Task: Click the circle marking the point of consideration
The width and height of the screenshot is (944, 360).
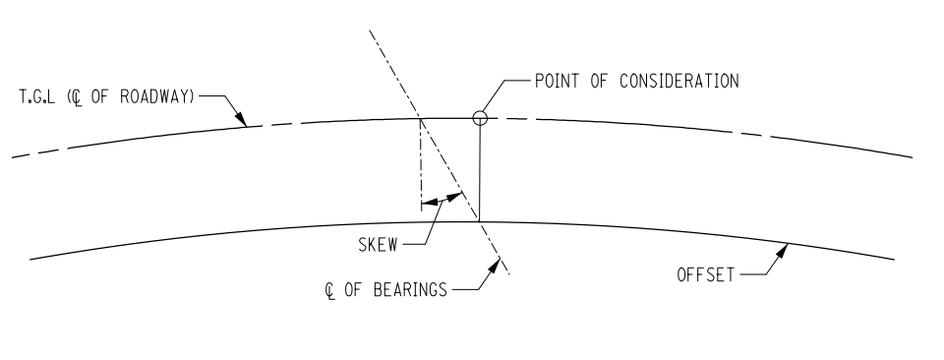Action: [479, 118]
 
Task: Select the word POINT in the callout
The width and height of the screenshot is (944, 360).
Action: [558, 81]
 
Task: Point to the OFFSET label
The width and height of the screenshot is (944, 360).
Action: [704, 275]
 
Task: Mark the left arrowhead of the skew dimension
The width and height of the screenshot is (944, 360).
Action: [426, 205]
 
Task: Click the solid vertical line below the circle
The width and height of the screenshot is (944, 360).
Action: [479, 172]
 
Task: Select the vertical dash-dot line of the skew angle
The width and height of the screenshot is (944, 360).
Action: [420, 162]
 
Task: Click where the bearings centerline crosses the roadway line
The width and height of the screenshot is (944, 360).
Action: [420, 119]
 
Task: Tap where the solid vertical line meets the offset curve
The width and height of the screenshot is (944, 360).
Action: [479, 221]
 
